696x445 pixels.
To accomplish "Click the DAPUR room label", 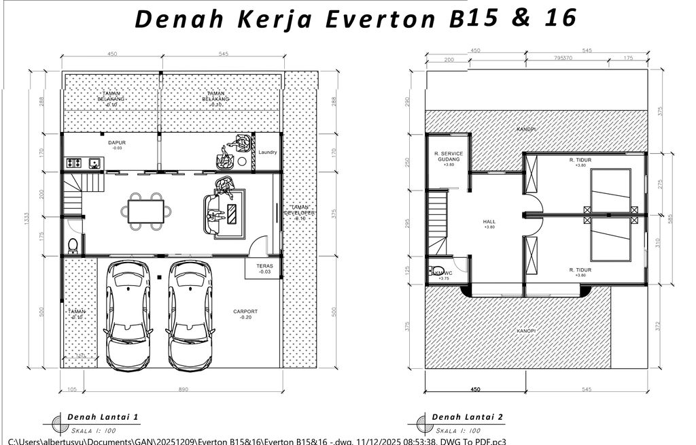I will (117, 144).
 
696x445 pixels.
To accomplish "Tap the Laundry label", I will (267, 152).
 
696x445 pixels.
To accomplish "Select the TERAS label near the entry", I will (264, 268).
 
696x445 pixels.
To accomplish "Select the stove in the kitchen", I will (75, 163).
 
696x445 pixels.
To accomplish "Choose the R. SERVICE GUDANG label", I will (448, 157).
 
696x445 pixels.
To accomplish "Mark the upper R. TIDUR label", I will (580, 161).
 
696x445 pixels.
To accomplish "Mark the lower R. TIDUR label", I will (580, 271).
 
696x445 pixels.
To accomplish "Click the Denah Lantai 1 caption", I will (103, 416).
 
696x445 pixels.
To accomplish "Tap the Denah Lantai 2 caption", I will (468, 416).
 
